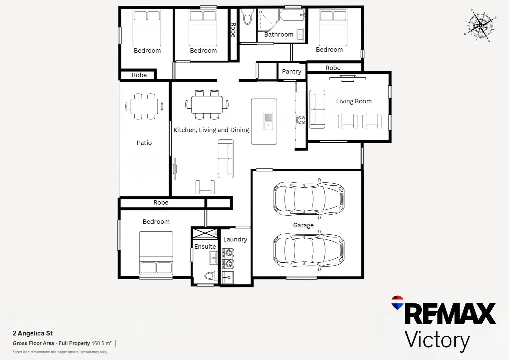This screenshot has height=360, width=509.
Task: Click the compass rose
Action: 480,26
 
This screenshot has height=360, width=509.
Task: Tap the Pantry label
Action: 291,71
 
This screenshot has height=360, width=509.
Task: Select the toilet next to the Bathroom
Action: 248,16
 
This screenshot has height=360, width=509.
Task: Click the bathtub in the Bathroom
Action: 292,15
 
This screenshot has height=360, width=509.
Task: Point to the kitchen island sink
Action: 268,121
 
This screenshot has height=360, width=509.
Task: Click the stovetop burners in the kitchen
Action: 300,120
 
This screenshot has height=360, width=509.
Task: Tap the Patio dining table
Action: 144,106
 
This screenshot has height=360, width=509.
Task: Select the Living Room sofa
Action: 317,109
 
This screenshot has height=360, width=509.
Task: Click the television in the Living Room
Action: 348,78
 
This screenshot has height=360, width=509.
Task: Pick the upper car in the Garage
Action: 309,199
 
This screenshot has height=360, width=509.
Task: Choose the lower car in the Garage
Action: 309,250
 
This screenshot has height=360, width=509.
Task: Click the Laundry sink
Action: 228,277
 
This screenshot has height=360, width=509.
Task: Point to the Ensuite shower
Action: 205,233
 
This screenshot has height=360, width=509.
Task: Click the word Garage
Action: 303,225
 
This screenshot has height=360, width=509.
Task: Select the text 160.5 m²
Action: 102,343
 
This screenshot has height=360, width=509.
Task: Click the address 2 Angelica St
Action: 33,333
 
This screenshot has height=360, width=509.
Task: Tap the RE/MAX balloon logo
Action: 397,302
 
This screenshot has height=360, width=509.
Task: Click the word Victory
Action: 437,340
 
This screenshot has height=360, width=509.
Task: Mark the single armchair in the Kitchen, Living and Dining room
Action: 205,187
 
